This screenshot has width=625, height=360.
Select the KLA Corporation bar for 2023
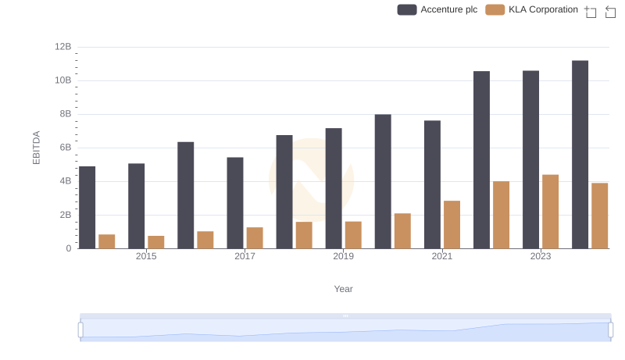550,212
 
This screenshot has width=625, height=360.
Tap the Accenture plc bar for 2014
87,208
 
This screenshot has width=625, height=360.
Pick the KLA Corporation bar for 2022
501,215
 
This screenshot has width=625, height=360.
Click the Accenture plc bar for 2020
383,182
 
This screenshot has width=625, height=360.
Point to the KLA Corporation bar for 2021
452,225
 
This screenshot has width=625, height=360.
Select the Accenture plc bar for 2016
186,195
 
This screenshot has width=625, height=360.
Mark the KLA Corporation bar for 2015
156,242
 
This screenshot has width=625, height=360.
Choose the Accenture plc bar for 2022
481,160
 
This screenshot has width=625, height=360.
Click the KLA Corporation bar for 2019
353,235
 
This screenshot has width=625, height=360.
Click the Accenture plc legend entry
437,9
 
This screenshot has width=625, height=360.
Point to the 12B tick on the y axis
63,47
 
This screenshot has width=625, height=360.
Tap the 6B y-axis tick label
63,148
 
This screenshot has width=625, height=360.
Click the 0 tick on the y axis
69,248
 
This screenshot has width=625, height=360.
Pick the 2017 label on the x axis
245,256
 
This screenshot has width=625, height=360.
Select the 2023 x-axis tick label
541,256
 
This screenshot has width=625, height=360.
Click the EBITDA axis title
36,148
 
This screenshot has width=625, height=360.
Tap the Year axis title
344,289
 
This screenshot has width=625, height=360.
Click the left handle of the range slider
80,330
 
